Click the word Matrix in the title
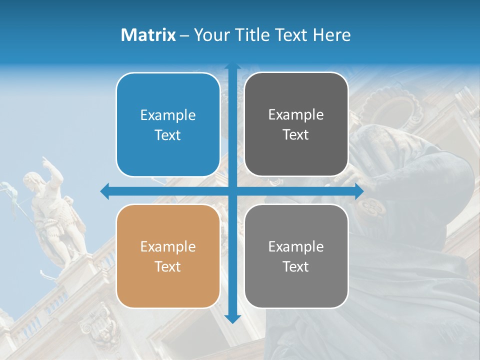(x=148, y=35)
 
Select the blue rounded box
(x=168, y=125)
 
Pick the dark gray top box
(x=296, y=124)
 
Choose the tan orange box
(x=168, y=256)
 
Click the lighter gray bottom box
(x=296, y=256)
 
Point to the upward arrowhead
(x=232, y=67)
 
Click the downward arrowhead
(x=232, y=318)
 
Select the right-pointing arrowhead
(x=359, y=191)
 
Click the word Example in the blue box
(x=168, y=115)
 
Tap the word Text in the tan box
(x=168, y=266)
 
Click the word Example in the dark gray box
(x=296, y=115)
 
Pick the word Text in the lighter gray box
(x=296, y=266)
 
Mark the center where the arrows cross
(x=232, y=191)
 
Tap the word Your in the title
(x=210, y=35)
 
